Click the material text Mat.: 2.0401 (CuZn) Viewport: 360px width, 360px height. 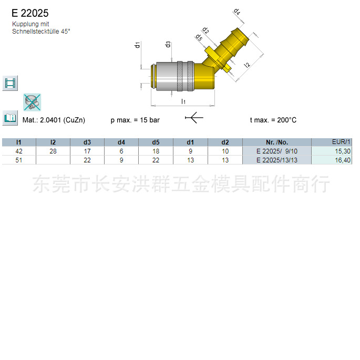click(54, 120)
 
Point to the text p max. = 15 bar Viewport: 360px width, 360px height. click(135, 120)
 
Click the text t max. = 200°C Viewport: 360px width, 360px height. click(273, 120)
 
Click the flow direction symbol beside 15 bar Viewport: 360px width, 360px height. click(194, 118)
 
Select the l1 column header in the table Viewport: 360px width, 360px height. click(19, 142)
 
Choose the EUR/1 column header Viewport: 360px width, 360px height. click(341, 142)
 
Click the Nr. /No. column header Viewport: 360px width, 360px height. click(277, 142)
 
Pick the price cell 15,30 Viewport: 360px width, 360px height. click(343, 151)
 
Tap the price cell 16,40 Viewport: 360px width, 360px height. click(343, 160)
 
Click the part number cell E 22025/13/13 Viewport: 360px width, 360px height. click(277, 160)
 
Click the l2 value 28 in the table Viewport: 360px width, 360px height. click(53, 151)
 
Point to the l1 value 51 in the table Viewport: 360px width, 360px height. click(19, 160)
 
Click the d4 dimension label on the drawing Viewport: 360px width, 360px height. click(237, 12)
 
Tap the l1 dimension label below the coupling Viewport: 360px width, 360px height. click(183, 101)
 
